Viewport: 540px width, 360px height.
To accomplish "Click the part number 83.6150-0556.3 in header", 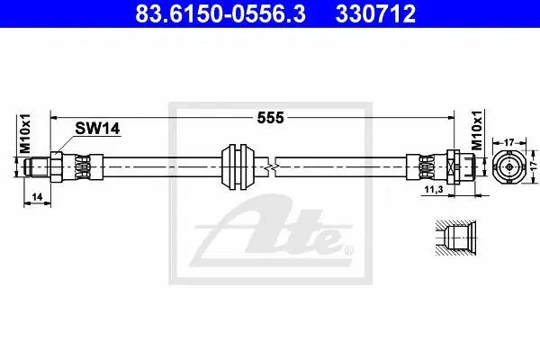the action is [x=220, y=13].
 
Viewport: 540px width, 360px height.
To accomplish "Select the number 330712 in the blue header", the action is [x=375, y=13].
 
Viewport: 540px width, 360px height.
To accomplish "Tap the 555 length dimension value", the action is [x=271, y=118].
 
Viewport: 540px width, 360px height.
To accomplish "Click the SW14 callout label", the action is [x=97, y=129].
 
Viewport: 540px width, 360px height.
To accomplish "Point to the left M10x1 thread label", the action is [x=25, y=133].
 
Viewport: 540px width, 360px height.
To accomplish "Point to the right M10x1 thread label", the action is [x=477, y=130].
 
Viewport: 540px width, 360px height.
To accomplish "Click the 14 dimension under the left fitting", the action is [x=37, y=197].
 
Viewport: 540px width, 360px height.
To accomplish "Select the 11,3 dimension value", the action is [x=434, y=190].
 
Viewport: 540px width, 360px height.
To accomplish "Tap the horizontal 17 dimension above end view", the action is [x=509, y=142].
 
